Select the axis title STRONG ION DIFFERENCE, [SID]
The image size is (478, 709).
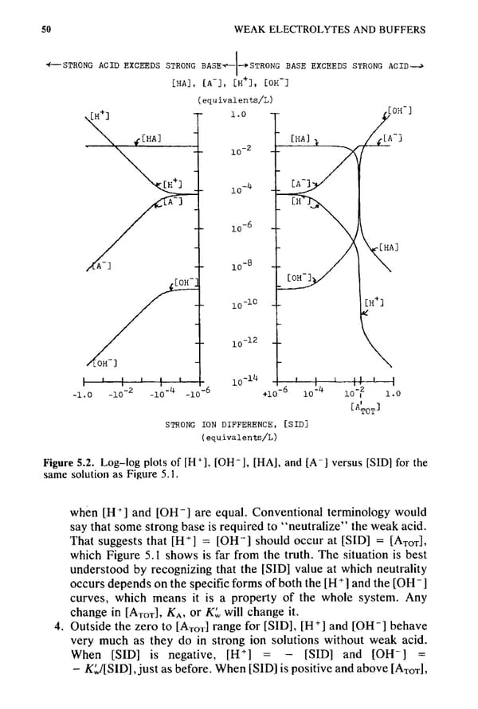237,425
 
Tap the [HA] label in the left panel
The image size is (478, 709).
151,139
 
